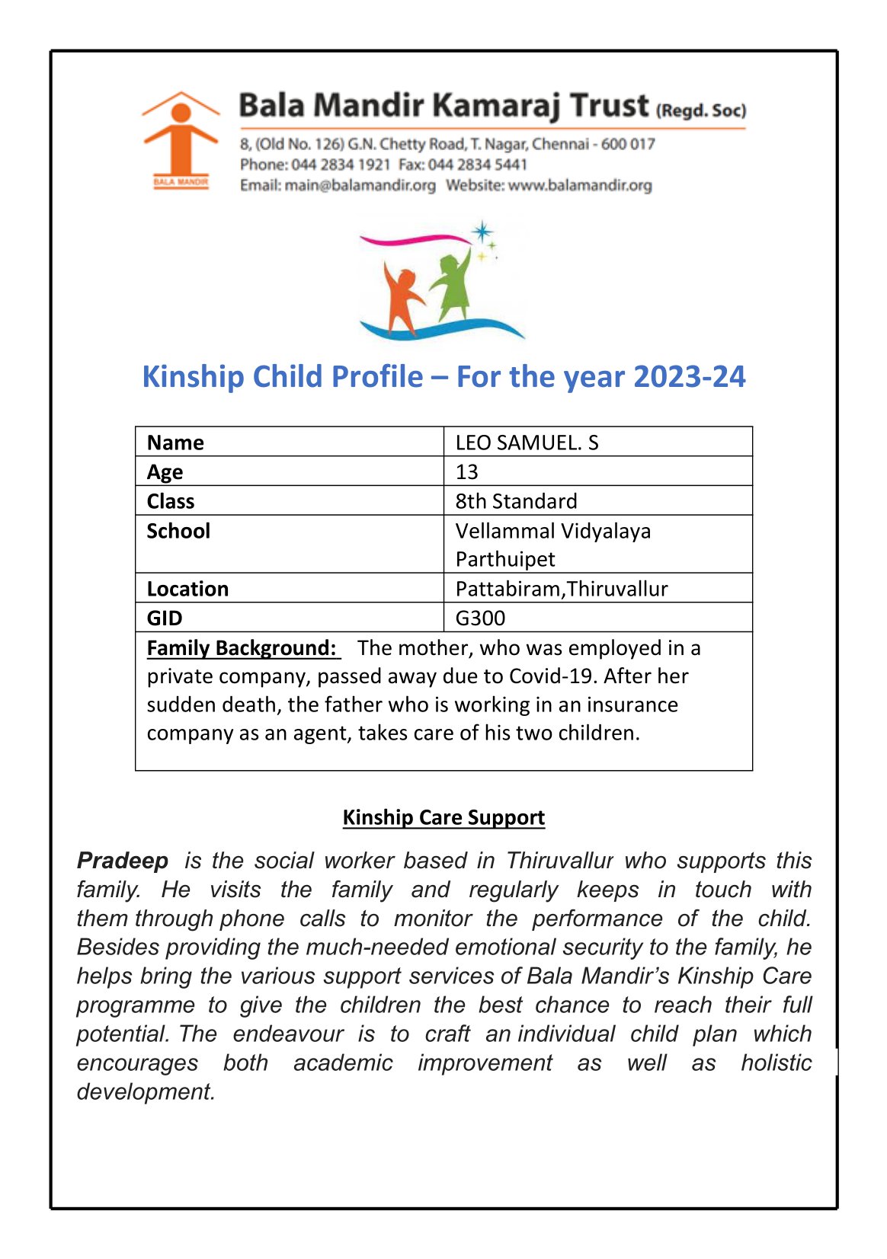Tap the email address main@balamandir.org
point(360,185)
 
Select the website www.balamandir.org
point(580,185)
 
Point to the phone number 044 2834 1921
point(341,165)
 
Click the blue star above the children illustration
point(482,232)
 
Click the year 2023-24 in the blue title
point(689,376)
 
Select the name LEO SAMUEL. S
point(527,443)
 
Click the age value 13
point(466,472)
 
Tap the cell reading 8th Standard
point(516,501)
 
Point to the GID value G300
point(480,618)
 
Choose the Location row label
point(187,589)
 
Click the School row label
point(178,531)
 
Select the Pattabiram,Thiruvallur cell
point(561,589)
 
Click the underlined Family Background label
point(242,648)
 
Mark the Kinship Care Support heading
point(443,817)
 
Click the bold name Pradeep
point(123,861)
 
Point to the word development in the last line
point(146,1091)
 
